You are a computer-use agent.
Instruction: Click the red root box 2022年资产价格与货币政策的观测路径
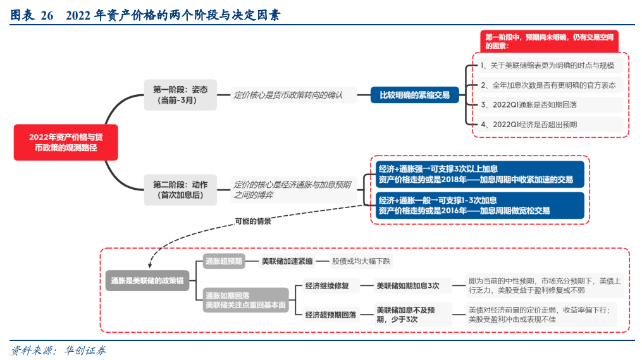pos(65,142)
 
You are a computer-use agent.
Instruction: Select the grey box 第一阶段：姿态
pos(180,94)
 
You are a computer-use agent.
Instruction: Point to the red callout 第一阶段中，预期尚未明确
pos(548,41)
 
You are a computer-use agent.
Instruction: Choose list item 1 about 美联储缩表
pos(548,65)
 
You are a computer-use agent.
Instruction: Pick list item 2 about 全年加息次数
pos(548,85)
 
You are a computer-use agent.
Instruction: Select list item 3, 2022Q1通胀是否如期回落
pos(548,105)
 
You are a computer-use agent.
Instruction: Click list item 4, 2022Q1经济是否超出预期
pos(548,125)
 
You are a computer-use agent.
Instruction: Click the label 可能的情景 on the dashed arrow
pos(252,221)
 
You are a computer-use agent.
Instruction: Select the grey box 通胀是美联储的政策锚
pos(147,282)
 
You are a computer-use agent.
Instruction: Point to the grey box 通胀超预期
pos(224,261)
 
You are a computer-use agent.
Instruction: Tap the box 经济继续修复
pos(326,286)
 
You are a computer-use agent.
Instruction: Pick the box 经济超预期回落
pos(330,314)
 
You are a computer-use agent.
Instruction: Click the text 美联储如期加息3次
pos(408,286)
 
